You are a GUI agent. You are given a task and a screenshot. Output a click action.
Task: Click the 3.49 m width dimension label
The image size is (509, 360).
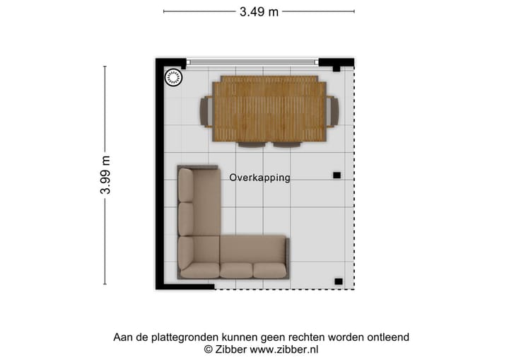pos(259,11)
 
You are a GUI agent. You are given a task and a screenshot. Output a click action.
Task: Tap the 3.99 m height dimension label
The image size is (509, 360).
pos(105,175)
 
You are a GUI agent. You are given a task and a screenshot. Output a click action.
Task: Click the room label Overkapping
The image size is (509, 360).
pos(259,178)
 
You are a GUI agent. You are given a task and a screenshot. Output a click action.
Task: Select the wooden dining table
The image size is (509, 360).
pos(269,109)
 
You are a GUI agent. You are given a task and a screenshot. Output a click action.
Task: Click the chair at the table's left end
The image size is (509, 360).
pos(206,111)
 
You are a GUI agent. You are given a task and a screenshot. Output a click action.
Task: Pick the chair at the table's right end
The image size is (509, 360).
pos(333,111)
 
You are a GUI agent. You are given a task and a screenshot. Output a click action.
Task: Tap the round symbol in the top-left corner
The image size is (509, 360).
pos(173,77)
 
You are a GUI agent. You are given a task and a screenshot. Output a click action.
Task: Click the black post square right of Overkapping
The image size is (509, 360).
pos(337,175)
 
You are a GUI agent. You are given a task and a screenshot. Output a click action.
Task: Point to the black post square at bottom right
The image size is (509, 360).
pos(338,281)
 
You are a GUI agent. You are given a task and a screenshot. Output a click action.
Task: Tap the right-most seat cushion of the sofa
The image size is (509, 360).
pos(269,269)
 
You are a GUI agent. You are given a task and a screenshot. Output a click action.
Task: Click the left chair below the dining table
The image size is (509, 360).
pos(252,144)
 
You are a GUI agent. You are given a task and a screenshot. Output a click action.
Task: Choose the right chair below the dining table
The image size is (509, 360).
pos(287,144)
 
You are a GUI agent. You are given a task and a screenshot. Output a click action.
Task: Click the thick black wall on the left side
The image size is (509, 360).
pos(160,177)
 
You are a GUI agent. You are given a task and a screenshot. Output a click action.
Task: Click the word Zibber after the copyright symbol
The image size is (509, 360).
pos(231,349)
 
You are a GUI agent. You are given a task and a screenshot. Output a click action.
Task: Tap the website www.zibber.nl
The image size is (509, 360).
pos(285,349)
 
